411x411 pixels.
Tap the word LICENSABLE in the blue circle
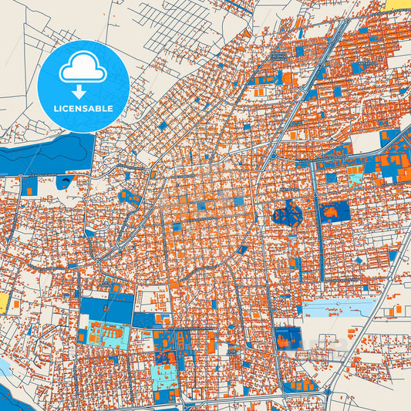pos(83,109)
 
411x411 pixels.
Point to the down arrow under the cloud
pos(83,86)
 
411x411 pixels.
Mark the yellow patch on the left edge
pos(3,302)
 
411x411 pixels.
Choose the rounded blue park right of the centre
pos(287,214)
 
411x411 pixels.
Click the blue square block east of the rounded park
pos(335,211)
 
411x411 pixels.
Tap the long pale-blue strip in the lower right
pos(339,309)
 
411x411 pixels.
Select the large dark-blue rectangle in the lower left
pos(106,308)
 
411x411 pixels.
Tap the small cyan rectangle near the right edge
pos(355,179)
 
